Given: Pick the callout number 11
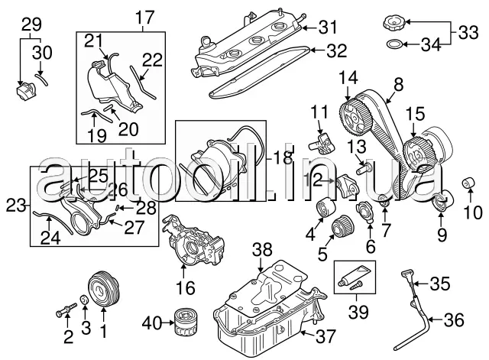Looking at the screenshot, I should (x=317, y=114).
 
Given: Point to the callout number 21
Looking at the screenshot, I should (x=93, y=40).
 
